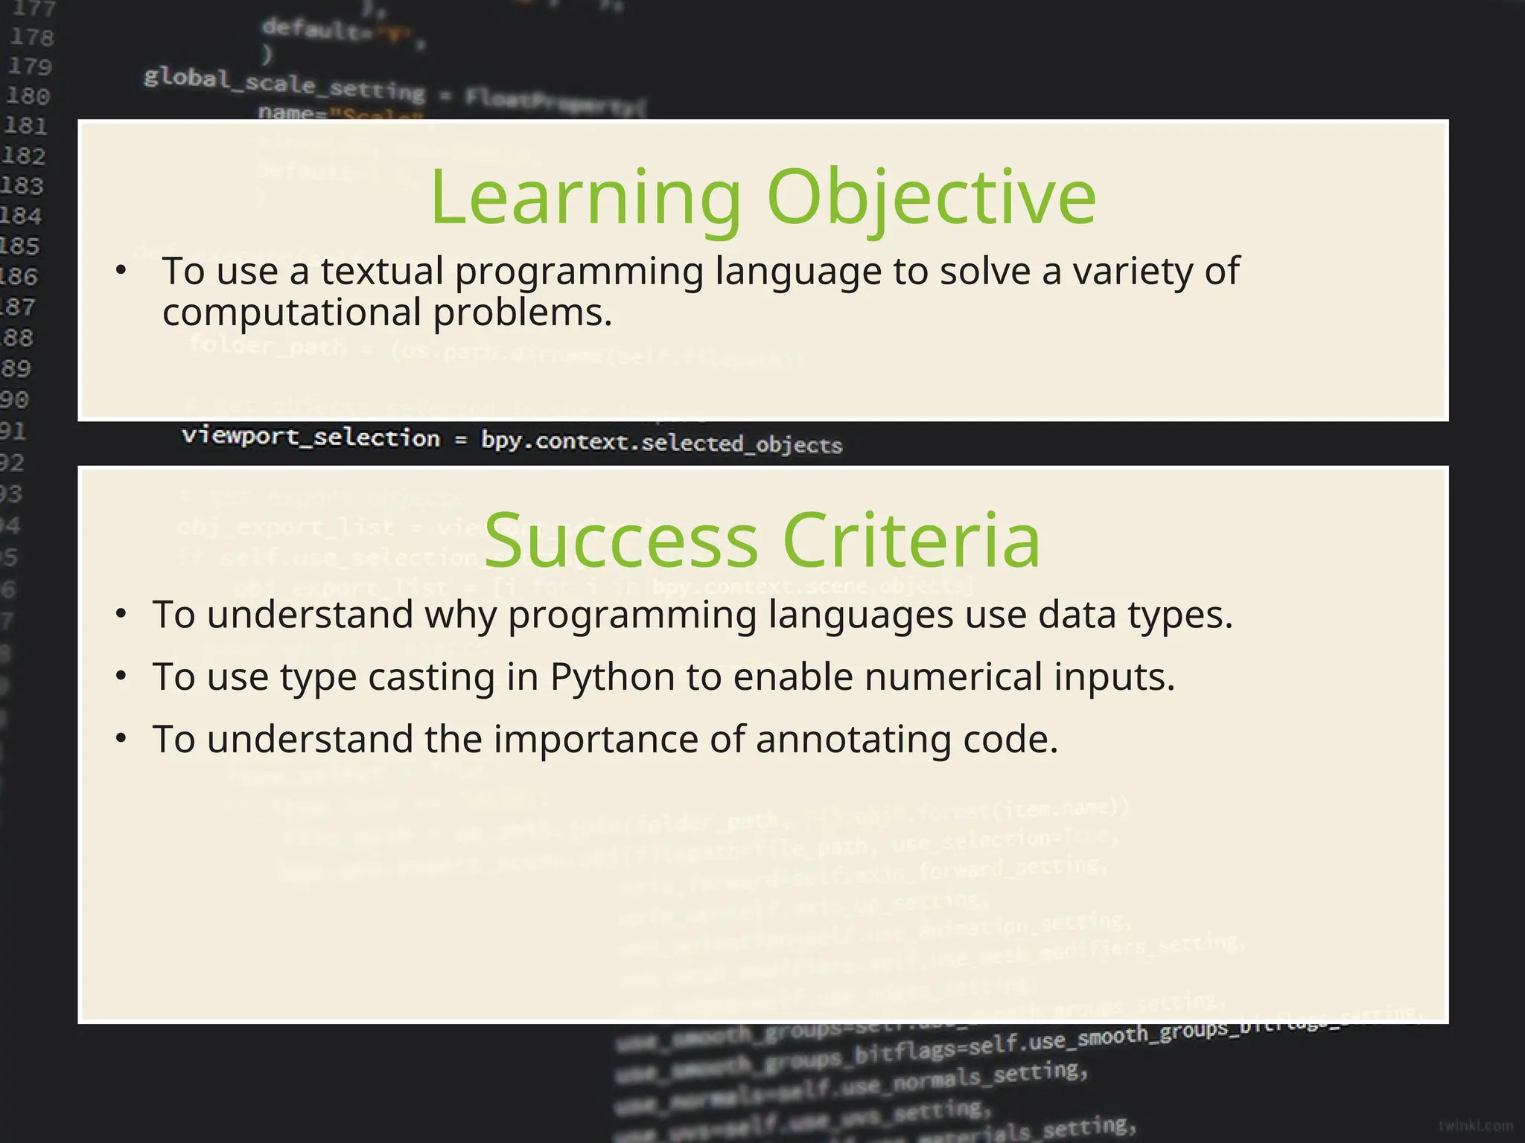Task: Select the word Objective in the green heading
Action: click(x=931, y=198)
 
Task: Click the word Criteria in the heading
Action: click(x=911, y=540)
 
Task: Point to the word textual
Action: click(x=382, y=271)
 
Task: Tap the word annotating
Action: click(x=853, y=740)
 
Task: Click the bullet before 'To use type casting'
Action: click(x=121, y=676)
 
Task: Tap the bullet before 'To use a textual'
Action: click(x=121, y=270)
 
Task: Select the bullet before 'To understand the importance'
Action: click(x=121, y=739)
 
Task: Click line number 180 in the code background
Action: click(x=28, y=96)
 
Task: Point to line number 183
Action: click(x=22, y=185)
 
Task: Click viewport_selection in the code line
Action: click(x=311, y=437)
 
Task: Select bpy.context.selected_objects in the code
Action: click(x=661, y=442)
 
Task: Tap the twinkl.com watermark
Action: click(x=1475, y=1126)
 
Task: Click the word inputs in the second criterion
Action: click(x=1114, y=677)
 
